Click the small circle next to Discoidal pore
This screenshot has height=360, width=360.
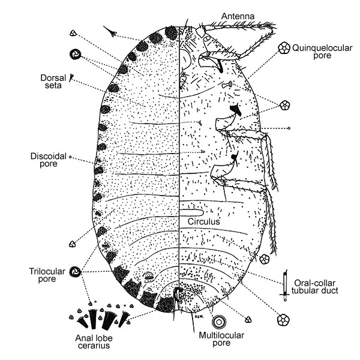(71, 158)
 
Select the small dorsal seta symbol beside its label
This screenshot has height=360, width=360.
(71, 77)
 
